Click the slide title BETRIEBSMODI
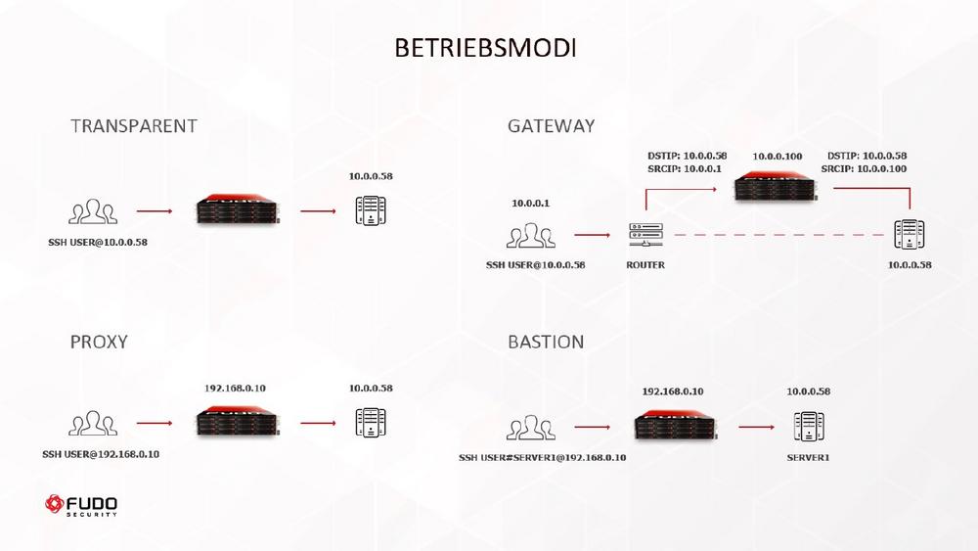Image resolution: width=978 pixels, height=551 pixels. [x=485, y=48]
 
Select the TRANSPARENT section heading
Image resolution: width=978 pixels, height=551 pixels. [x=134, y=126]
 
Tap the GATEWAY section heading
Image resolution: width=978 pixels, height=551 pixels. [x=551, y=126]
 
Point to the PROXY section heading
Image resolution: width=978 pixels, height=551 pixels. [x=99, y=342]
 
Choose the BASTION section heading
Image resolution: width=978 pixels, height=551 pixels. [x=546, y=342]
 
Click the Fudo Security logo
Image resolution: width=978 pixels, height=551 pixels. [x=82, y=506]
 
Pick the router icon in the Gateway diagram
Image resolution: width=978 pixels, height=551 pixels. [x=645, y=235]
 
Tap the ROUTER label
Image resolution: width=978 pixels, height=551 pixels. [x=645, y=264]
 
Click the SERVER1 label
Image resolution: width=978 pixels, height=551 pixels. [x=808, y=457]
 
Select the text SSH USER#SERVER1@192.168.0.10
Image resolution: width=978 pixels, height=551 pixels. [x=543, y=457]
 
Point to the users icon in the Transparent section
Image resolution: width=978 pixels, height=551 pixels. [x=93, y=211]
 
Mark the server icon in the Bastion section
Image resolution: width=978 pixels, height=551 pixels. [x=808, y=426]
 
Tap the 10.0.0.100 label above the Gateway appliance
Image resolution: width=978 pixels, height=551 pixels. [x=777, y=157]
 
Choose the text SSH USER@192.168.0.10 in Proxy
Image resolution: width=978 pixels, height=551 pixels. [x=101, y=453]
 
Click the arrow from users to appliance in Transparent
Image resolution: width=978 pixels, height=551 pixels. [x=155, y=210]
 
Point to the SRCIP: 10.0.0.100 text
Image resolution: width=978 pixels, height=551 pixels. [x=864, y=169]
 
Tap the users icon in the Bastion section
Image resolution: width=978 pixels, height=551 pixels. [x=531, y=428]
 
